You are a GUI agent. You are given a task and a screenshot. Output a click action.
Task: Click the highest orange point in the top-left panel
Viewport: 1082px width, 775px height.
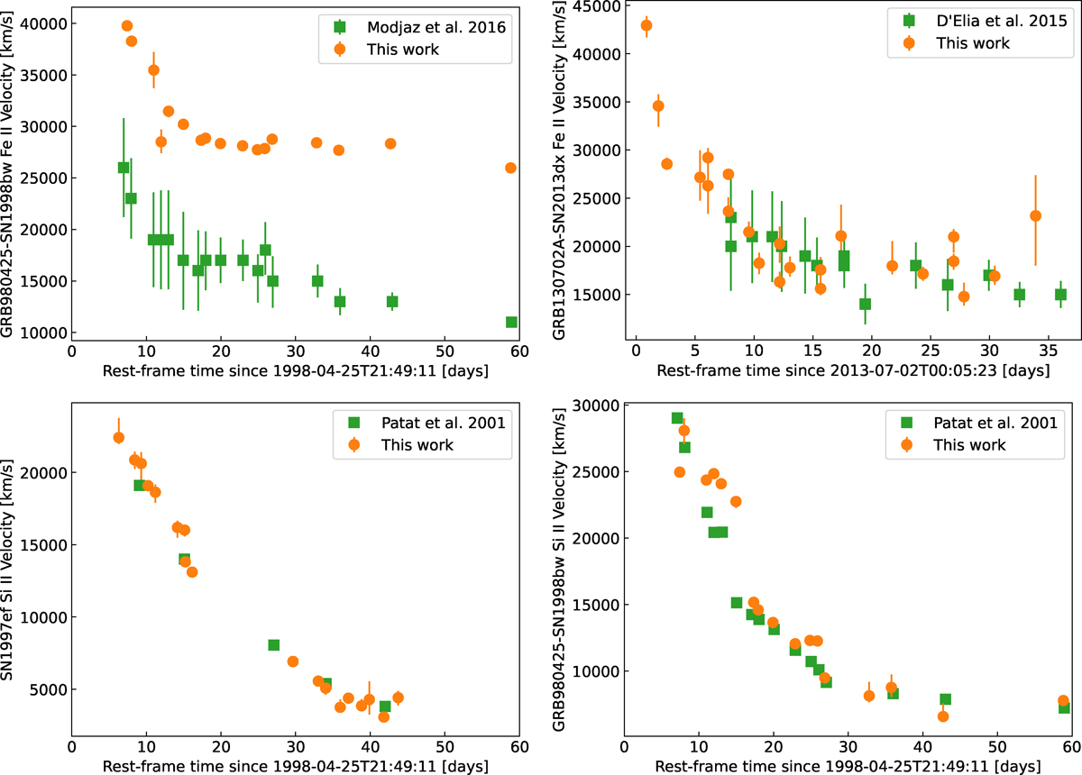tap(126, 26)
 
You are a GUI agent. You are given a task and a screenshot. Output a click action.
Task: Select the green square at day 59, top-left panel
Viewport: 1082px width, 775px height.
tap(511, 322)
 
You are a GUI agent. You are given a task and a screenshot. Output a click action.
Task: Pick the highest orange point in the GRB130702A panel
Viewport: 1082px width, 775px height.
tap(646, 25)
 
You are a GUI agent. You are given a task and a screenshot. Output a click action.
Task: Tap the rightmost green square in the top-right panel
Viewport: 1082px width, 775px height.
tap(1060, 295)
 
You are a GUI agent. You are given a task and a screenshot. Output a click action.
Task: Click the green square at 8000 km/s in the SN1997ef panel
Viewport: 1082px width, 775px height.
tap(273, 645)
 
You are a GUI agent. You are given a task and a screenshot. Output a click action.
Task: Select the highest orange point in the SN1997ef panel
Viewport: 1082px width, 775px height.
tap(118, 438)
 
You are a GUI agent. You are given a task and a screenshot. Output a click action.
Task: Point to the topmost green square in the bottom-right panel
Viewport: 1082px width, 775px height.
tap(677, 418)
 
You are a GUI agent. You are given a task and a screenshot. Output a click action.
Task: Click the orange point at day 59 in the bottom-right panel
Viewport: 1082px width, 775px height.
tap(1063, 701)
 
